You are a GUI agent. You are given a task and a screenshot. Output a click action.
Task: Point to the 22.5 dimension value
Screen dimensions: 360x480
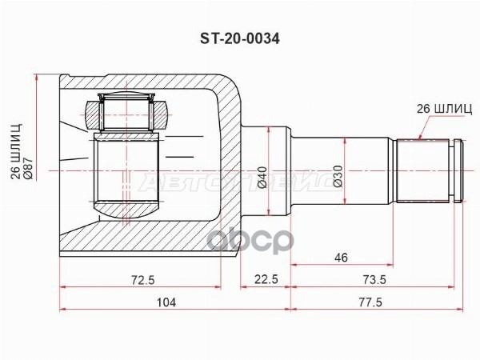pos(266,279)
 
